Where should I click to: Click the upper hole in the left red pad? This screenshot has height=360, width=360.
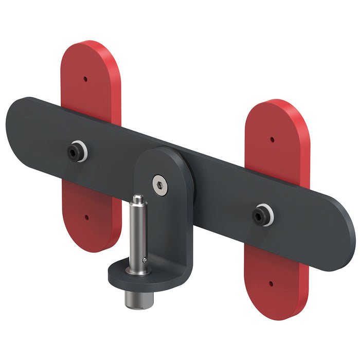click(x=86, y=79)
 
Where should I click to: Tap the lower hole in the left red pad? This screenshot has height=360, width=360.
click(x=86, y=218)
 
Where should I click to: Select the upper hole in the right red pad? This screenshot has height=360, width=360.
click(x=272, y=139)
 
